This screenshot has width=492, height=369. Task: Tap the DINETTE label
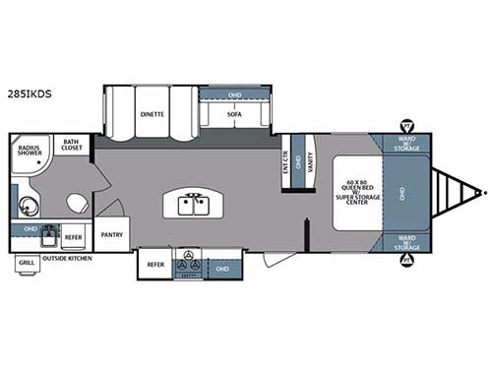tap(151, 114)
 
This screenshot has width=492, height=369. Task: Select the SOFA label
tap(233, 114)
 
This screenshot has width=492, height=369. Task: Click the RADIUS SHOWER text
tap(29, 152)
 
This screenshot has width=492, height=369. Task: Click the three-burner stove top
tap(187, 265)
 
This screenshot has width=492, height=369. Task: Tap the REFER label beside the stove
tap(155, 264)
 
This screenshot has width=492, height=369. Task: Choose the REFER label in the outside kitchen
tap(74, 236)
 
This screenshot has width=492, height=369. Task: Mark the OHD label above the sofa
tap(233, 95)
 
